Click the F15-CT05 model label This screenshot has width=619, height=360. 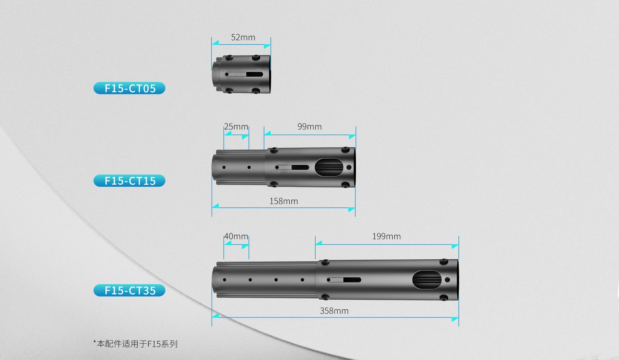point(129,88)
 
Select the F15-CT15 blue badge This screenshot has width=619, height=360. point(129,180)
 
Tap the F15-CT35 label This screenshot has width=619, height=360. point(129,290)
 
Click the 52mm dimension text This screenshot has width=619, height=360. point(243,37)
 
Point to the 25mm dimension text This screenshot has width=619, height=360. point(236,127)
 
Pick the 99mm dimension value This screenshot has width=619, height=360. point(309,127)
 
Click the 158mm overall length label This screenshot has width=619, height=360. point(284,201)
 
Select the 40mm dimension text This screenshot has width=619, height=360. point(236,237)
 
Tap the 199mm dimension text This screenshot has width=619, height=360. point(386,237)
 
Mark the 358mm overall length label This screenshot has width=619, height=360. point(334,311)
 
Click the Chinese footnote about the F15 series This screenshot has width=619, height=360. point(135,344)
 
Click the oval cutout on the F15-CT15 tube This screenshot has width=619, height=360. point(329,167)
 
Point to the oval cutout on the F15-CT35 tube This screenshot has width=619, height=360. point(427,280)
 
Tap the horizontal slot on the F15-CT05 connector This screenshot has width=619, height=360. point(244,74)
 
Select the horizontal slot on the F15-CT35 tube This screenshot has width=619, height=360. point(344,280)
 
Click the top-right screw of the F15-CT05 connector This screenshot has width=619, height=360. point(256,57)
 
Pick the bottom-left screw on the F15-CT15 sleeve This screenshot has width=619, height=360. point(274,184)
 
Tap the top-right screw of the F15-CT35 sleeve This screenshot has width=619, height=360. point(443,261)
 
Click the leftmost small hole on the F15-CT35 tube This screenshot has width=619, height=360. point(224,280)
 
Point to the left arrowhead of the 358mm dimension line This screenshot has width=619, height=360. point(215,315)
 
